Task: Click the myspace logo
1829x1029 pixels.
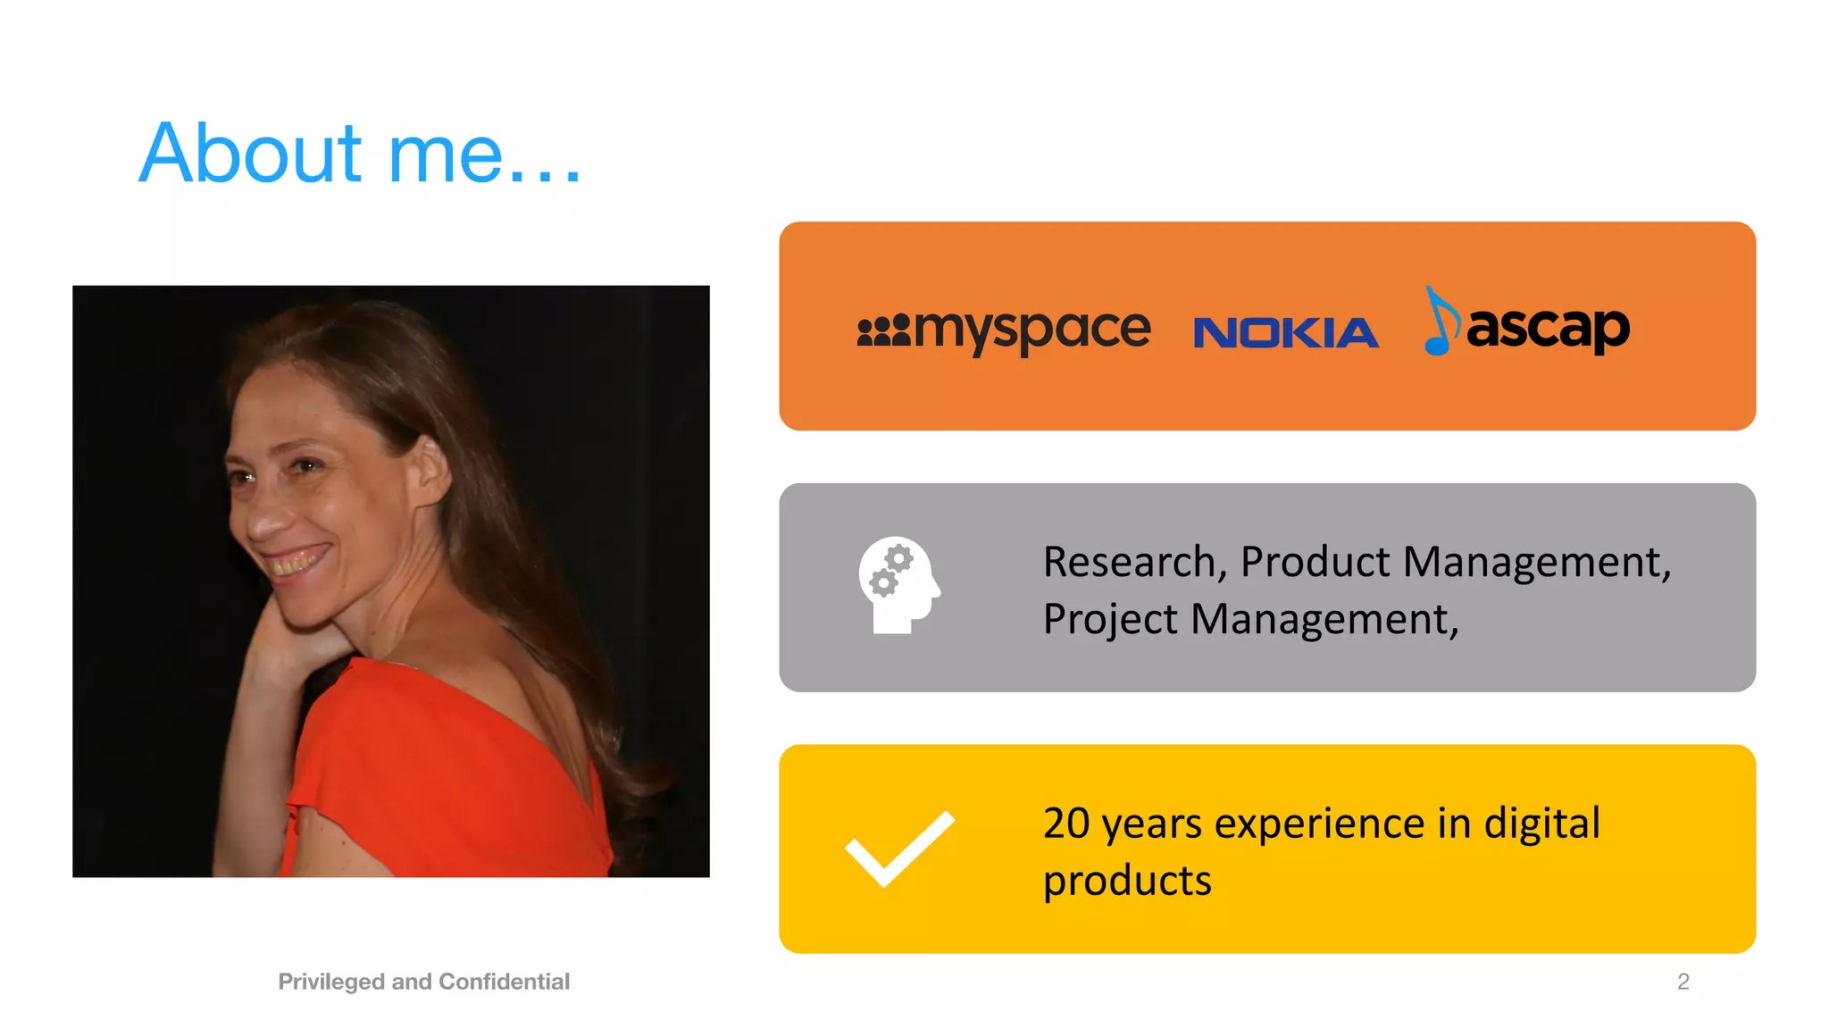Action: pos(1004,330)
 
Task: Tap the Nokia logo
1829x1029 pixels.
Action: pos(1285,333)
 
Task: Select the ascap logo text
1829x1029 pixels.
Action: pos(1548,329)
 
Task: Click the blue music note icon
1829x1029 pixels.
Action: pos(1440,322)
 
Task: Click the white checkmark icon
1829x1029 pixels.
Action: pos(899,849)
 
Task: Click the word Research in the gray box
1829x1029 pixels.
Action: pos(1129,562)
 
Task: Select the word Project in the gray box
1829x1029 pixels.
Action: pos(1109,619)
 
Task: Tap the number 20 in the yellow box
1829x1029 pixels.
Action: pos(1065,823)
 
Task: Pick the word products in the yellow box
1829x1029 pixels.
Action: pos(1127,881)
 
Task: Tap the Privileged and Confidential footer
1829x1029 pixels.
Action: pos(423,982)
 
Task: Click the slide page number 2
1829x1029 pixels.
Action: pos(1683,982)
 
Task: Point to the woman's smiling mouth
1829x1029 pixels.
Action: pos(296,562)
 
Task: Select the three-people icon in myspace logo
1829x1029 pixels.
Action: pos(883,330)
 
